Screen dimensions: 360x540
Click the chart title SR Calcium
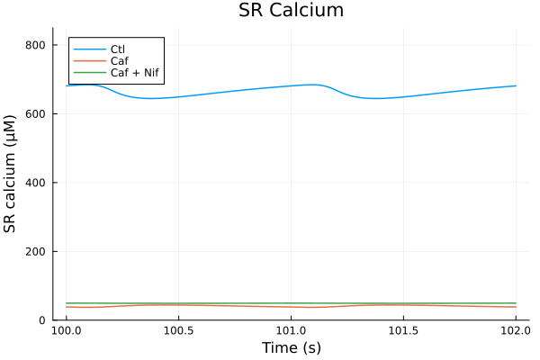291,11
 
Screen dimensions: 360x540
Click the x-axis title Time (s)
291,347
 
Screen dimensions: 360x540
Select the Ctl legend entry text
118,48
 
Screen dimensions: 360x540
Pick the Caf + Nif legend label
135,72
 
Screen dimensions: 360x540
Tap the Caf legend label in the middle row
120,60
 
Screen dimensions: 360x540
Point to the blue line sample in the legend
89,48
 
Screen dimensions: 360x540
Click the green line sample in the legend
89,72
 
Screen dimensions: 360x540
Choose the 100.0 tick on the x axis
67,331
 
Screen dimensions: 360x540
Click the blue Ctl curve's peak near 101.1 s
311,85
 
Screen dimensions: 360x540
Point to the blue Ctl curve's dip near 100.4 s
151,98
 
